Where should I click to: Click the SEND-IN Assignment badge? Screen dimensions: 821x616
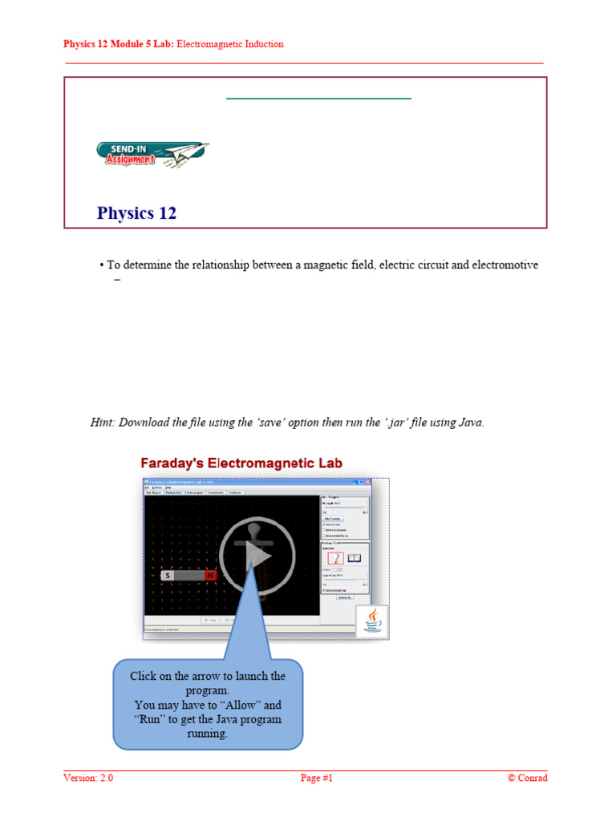pos(127,154)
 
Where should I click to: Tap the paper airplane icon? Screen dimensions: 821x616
pos(189,150)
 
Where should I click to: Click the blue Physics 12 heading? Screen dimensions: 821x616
pos(136,213)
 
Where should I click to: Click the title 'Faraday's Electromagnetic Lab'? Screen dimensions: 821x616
pos(241,463)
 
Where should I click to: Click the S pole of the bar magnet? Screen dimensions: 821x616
pos(168,576)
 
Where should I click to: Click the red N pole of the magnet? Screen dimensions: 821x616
pos(210,576)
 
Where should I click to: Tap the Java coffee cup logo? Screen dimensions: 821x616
pos(372,621)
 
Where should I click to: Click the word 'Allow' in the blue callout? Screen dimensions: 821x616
pos(244,705)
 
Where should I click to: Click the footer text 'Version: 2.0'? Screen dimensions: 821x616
pos(88,778)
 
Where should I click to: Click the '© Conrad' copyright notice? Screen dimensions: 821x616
pos(527,778)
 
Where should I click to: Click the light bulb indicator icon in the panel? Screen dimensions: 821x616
pos(335,558)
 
